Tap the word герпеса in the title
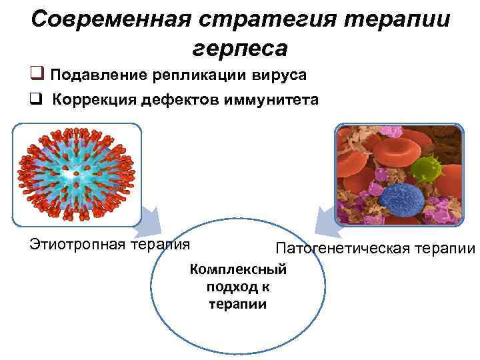point(240,48)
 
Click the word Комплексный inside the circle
point(238,270)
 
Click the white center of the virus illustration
point(78,176)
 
